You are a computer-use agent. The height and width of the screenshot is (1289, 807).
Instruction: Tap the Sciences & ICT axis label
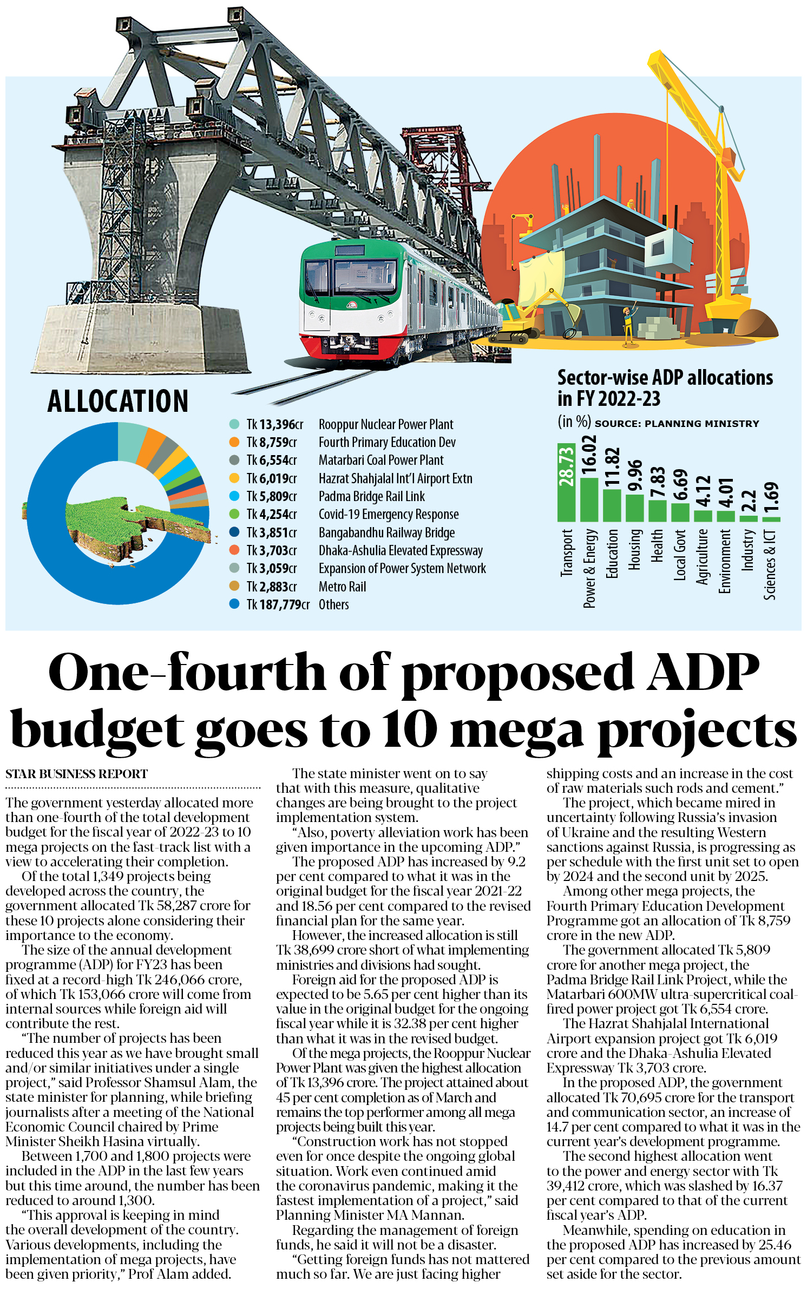(770, 565)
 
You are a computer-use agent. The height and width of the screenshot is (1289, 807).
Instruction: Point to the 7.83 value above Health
(657, 482)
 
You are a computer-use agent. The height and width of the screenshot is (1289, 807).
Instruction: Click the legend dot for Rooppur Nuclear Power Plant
(234, 424)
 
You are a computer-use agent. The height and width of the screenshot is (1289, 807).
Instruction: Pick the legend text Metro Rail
(342, 587)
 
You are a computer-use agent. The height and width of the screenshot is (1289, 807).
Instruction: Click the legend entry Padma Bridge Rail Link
(371, 496)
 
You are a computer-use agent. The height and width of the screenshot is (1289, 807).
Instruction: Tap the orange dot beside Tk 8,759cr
(234, 442)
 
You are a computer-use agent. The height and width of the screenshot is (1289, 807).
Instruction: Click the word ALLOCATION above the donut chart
(118, 401)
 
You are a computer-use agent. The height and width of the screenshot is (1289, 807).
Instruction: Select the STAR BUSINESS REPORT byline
(76, 774)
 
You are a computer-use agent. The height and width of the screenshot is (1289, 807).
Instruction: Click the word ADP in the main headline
(703, 672)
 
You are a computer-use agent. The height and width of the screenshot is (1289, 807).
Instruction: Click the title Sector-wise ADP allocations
(665, 378)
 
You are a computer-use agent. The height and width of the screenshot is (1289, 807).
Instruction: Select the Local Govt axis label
(680, 555)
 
